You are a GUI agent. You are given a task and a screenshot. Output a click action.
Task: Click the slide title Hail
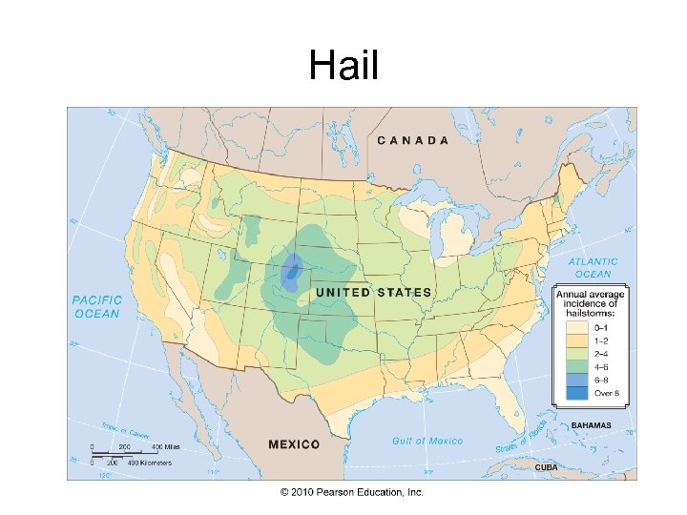[343, 67]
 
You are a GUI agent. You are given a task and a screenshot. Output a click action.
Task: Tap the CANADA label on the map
[413, 140]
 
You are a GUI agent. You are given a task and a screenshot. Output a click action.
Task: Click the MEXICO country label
[294, 444]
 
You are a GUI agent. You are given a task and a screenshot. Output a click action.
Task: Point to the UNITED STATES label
[373, 292]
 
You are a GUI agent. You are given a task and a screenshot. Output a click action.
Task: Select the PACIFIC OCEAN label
[96, 306]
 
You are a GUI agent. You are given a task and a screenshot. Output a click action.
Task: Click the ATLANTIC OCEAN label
[593, 267]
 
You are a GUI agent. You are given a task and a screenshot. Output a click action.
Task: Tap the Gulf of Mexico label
[427, 441]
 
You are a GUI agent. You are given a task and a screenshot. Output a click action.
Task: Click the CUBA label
[546, 467]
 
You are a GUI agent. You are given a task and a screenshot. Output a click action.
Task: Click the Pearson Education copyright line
[351, 492]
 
